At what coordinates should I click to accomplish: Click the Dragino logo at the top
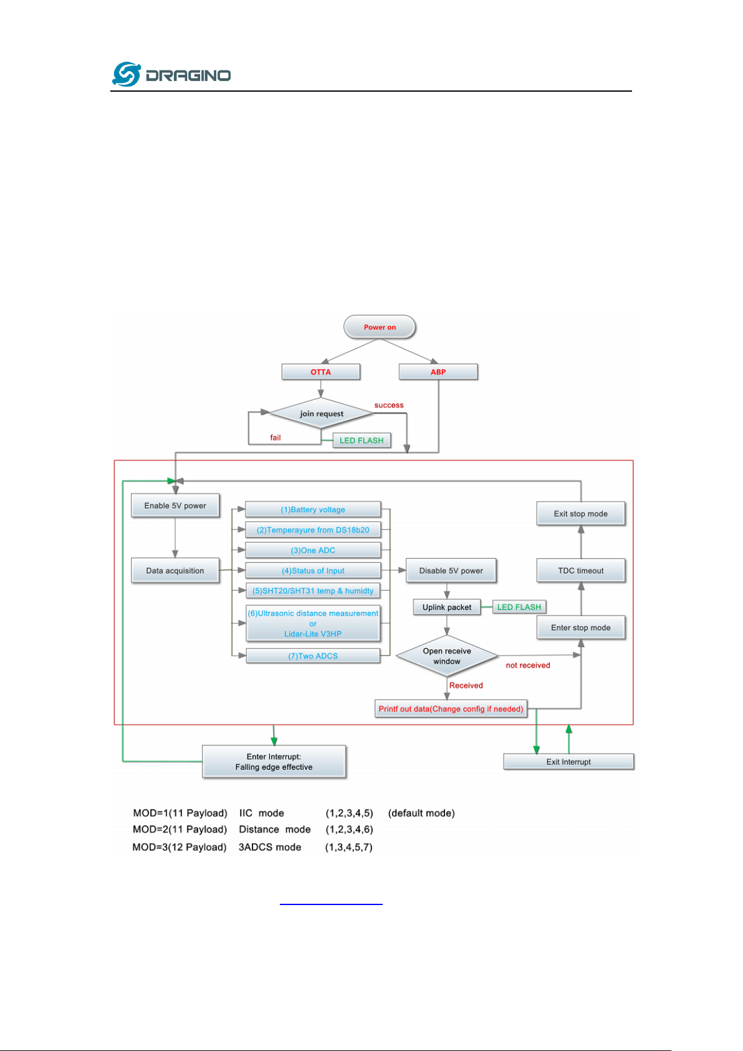[171, 75]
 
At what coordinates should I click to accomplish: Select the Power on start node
[380, 327]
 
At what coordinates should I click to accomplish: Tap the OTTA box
[320, 372]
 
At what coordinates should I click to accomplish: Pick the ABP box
[438, 372]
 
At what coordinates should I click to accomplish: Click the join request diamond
[321, 414]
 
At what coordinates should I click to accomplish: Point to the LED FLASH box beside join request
[362, 440]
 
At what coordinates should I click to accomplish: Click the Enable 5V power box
[175, 505]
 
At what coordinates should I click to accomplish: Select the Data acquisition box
[175, 571]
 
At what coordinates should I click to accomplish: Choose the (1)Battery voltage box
[313, 510]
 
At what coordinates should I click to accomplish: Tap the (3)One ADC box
[313, 550]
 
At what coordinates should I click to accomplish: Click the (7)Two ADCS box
[313, 656]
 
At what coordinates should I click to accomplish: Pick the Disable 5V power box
[451, 571]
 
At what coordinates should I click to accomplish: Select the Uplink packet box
[447, 607]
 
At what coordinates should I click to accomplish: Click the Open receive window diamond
[447, 656]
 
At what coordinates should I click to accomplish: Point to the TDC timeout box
[581, 571]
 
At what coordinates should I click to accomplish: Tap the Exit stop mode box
[581, 514]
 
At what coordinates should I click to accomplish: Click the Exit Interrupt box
[568, 762]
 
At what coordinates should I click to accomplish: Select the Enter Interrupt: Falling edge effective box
[274, 762]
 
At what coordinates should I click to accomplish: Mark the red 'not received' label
[528, 666]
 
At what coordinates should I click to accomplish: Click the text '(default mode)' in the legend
[421, 813]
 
